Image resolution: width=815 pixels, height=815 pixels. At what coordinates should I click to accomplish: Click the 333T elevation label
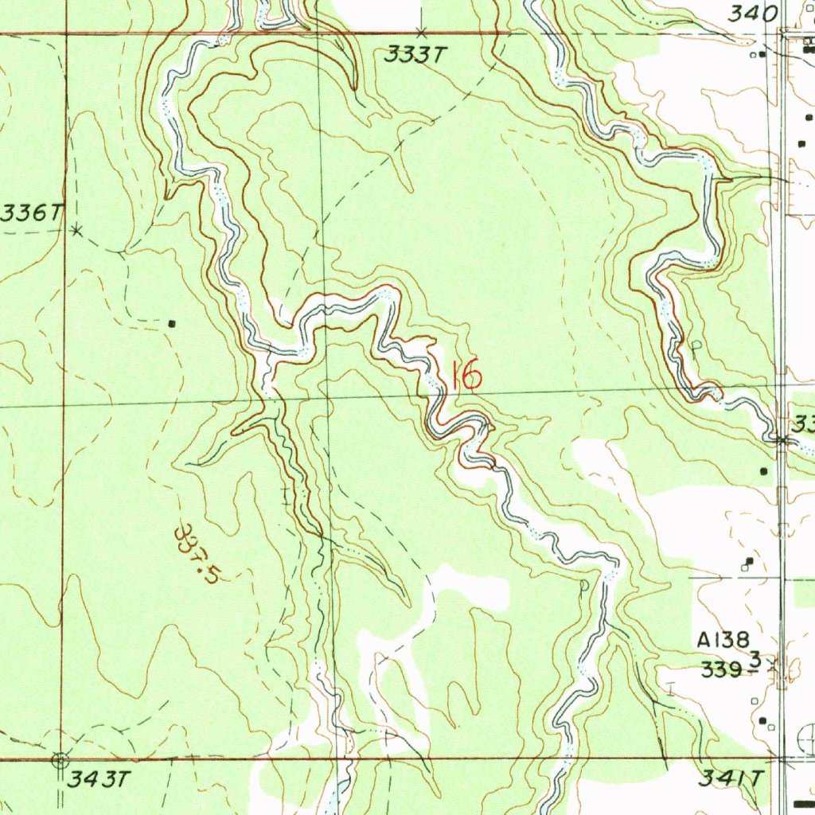(x=411, y=55)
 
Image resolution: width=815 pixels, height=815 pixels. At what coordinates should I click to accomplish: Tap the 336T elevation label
(x=32, y=213)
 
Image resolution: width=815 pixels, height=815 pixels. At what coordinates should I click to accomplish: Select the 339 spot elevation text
(x=723, y=669)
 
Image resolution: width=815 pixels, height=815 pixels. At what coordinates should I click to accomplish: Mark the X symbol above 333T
(x=422, y=33)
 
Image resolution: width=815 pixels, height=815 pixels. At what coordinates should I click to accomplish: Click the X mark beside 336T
(x=76, y=230)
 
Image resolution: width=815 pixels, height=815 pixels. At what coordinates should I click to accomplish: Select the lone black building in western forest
(x=173, y=323)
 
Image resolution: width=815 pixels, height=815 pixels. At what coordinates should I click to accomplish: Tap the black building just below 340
(x=762, y=54)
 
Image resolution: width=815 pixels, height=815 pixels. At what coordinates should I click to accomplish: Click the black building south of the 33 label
(x=765, y=471)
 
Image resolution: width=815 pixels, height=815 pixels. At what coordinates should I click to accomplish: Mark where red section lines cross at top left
(x=64, y=33)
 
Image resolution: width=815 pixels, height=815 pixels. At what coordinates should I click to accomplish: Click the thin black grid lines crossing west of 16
(x=324, y=396)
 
